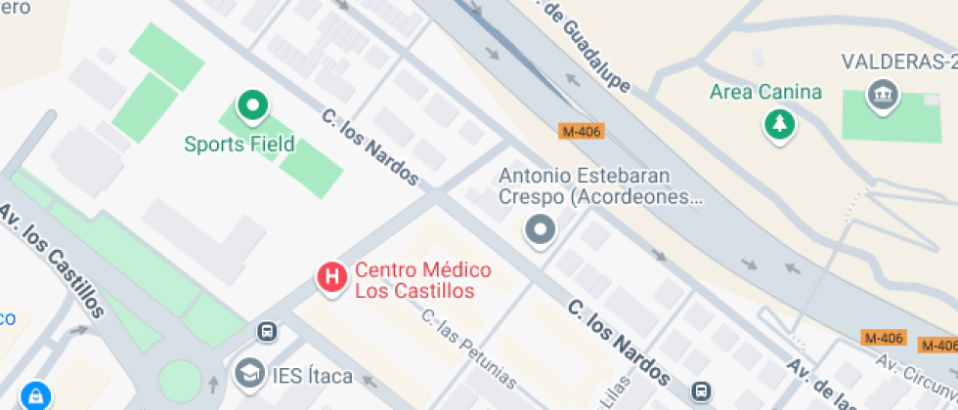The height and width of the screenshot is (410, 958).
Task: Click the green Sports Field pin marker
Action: click(253, 106)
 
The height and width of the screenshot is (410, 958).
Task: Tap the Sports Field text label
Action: click(239, 144)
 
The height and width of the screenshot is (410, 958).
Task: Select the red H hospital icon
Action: click(332, 277)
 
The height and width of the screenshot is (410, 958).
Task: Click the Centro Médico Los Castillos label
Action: click(422, 280)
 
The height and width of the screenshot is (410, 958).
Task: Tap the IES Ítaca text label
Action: click(310, 378)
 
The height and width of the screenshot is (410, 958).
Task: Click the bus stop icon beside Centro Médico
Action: click(266, 332)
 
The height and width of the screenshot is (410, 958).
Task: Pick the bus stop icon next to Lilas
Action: click(701, 391)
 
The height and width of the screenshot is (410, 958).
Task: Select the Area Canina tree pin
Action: click(779, 124)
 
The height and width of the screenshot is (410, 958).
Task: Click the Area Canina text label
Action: click(765, 93)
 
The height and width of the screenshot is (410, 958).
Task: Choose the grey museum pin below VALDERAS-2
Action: click(883, 96)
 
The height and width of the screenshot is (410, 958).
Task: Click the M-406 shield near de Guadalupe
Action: click(582, 130)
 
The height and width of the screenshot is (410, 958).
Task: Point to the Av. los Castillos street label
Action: click(53, 259)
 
